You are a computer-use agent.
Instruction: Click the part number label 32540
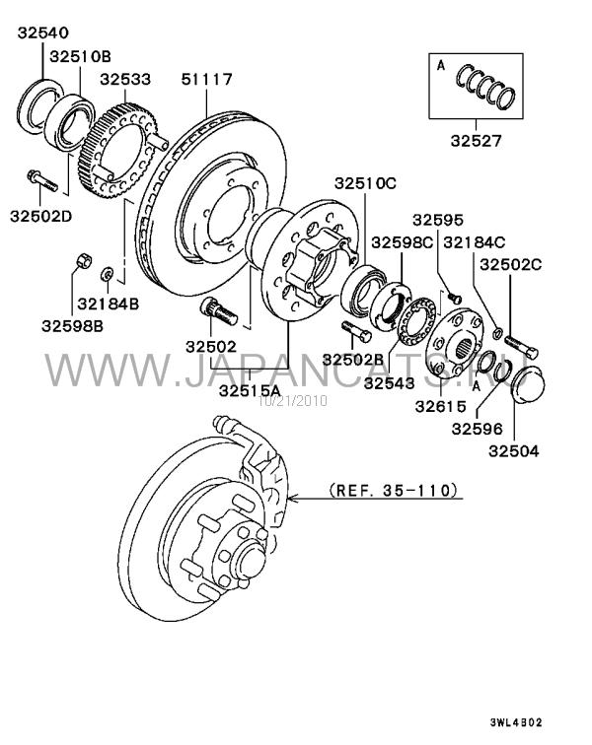coord(43,33)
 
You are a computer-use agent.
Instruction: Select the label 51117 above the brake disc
coord(206,79)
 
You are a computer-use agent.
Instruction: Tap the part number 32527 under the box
coord(476,141)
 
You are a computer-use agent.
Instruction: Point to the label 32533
coord(125,79)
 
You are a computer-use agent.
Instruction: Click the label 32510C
coord(365,183)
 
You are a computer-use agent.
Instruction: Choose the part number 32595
coord(438,220)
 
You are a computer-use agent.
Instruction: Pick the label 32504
coord(514,450)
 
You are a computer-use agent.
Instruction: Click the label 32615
coord(441,406)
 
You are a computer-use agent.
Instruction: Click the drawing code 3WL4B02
coord(516,722)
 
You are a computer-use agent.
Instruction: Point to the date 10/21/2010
coord(293,401)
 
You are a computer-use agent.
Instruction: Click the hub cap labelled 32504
coord(529,385)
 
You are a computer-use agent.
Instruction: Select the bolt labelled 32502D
coord(42,180)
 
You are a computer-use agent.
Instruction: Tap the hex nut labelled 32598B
coord(84,261)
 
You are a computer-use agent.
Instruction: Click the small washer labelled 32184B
coord(108,274)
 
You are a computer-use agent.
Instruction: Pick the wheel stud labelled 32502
coord(218,310)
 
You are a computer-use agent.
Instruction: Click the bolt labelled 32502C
coord(521,347)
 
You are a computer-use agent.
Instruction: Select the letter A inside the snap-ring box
coord(441,66)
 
